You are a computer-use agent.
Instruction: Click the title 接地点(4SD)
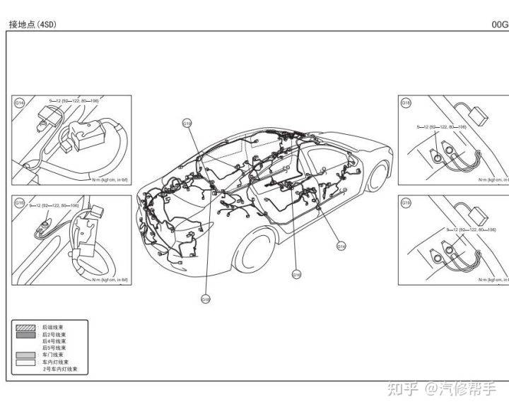pos(32,24)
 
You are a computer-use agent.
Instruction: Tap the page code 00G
pos(500,24)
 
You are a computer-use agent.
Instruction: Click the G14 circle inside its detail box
pos(19,102)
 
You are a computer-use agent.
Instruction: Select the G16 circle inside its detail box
pos(19,203)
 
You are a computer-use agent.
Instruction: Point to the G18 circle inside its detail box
pos(406,102)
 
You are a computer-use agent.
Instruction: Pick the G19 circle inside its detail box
pos(406,203)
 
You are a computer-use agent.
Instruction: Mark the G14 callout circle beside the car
pos(341,247)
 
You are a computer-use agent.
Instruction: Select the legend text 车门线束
pos(52,355)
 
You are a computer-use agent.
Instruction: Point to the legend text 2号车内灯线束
pos(60,369)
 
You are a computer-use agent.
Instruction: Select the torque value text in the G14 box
pos(74,102)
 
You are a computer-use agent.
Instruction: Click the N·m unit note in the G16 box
pos(110,280)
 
